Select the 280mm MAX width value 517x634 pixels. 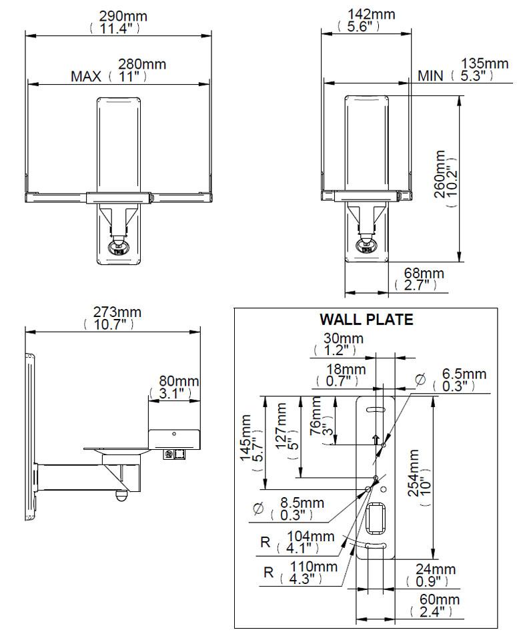point(141,65)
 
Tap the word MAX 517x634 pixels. point(85,76)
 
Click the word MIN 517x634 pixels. point(430,76)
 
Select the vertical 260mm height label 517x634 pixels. point(440,179)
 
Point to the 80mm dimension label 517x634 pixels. point(178,381)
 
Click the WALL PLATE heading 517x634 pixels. point(366,320)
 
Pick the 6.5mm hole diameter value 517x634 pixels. point(466,374)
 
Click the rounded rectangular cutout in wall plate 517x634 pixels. point(376,519)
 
